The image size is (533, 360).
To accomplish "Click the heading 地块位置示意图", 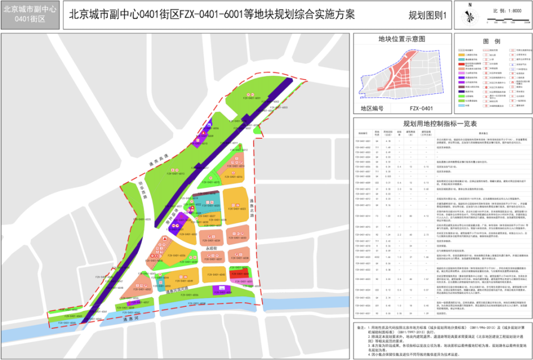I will (x=401, y=39).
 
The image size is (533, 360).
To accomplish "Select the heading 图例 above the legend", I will (x=491, y=42).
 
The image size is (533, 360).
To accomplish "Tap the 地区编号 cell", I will (x=373, y=108).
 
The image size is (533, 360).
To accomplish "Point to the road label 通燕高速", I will (x=158, y=161).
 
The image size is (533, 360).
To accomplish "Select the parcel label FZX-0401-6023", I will (x=235, y=209).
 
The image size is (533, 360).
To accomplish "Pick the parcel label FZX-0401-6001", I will (x=252, y=98).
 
